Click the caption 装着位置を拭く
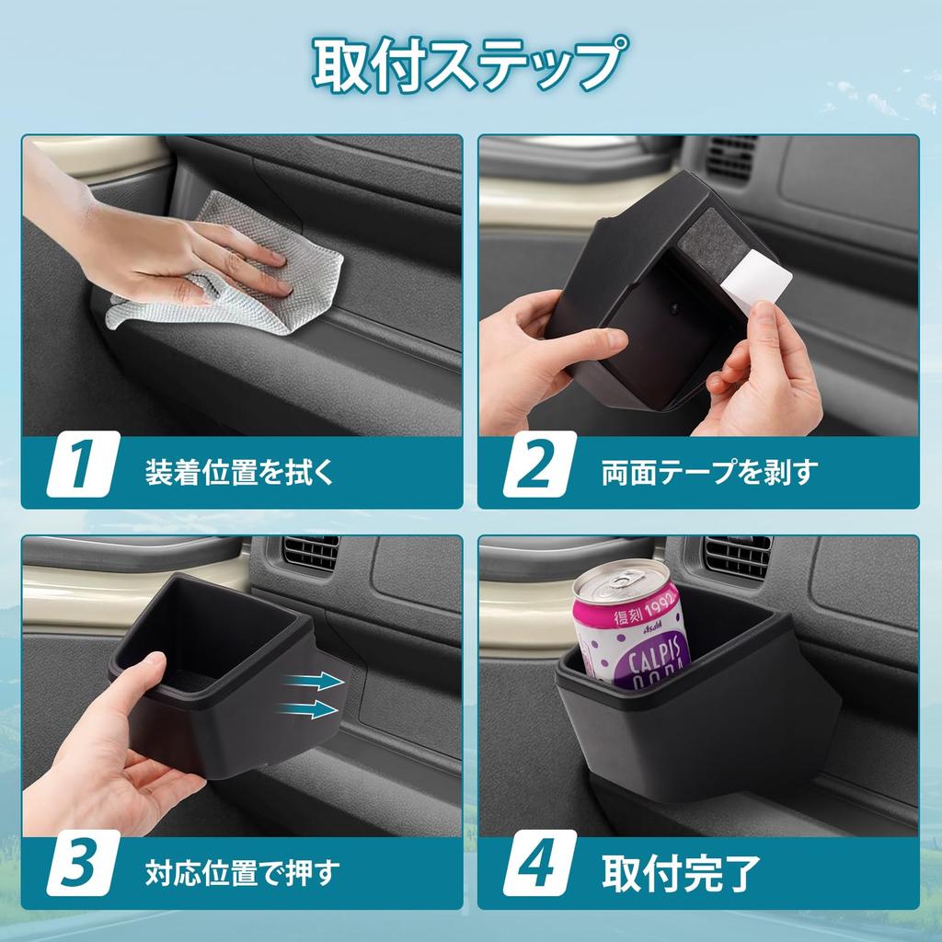point(239,472)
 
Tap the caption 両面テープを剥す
point(709,472)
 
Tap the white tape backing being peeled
point(760,277)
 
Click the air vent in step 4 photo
point(736,556)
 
